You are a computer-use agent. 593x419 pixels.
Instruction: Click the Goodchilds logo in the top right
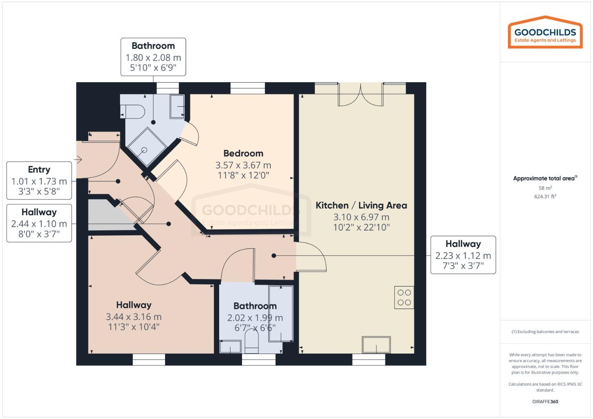545,33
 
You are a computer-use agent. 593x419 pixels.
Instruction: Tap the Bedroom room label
243,153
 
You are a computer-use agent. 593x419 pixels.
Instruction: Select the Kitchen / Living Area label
361,205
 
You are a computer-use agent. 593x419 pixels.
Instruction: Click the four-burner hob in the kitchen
404,297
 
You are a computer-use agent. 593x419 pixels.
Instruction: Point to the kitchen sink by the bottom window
376,345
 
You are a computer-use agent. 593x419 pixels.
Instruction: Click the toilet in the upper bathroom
133,111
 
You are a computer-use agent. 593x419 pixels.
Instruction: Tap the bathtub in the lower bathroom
281,313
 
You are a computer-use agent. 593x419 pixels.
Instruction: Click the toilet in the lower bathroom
251,342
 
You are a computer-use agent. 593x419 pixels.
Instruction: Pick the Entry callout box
39,180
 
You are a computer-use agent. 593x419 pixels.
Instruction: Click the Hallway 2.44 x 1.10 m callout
39,223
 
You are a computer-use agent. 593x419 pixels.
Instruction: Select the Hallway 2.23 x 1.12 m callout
463,255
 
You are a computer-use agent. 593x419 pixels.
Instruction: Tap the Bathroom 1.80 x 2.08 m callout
153,57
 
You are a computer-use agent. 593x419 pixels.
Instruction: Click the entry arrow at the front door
78,159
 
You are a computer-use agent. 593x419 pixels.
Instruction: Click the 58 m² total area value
545,188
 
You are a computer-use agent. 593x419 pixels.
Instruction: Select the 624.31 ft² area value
545,196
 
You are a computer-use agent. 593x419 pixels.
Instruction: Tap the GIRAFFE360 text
545,401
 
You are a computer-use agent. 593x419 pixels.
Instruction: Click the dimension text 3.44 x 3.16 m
134,317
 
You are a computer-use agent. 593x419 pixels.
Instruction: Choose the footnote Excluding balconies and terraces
545,331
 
